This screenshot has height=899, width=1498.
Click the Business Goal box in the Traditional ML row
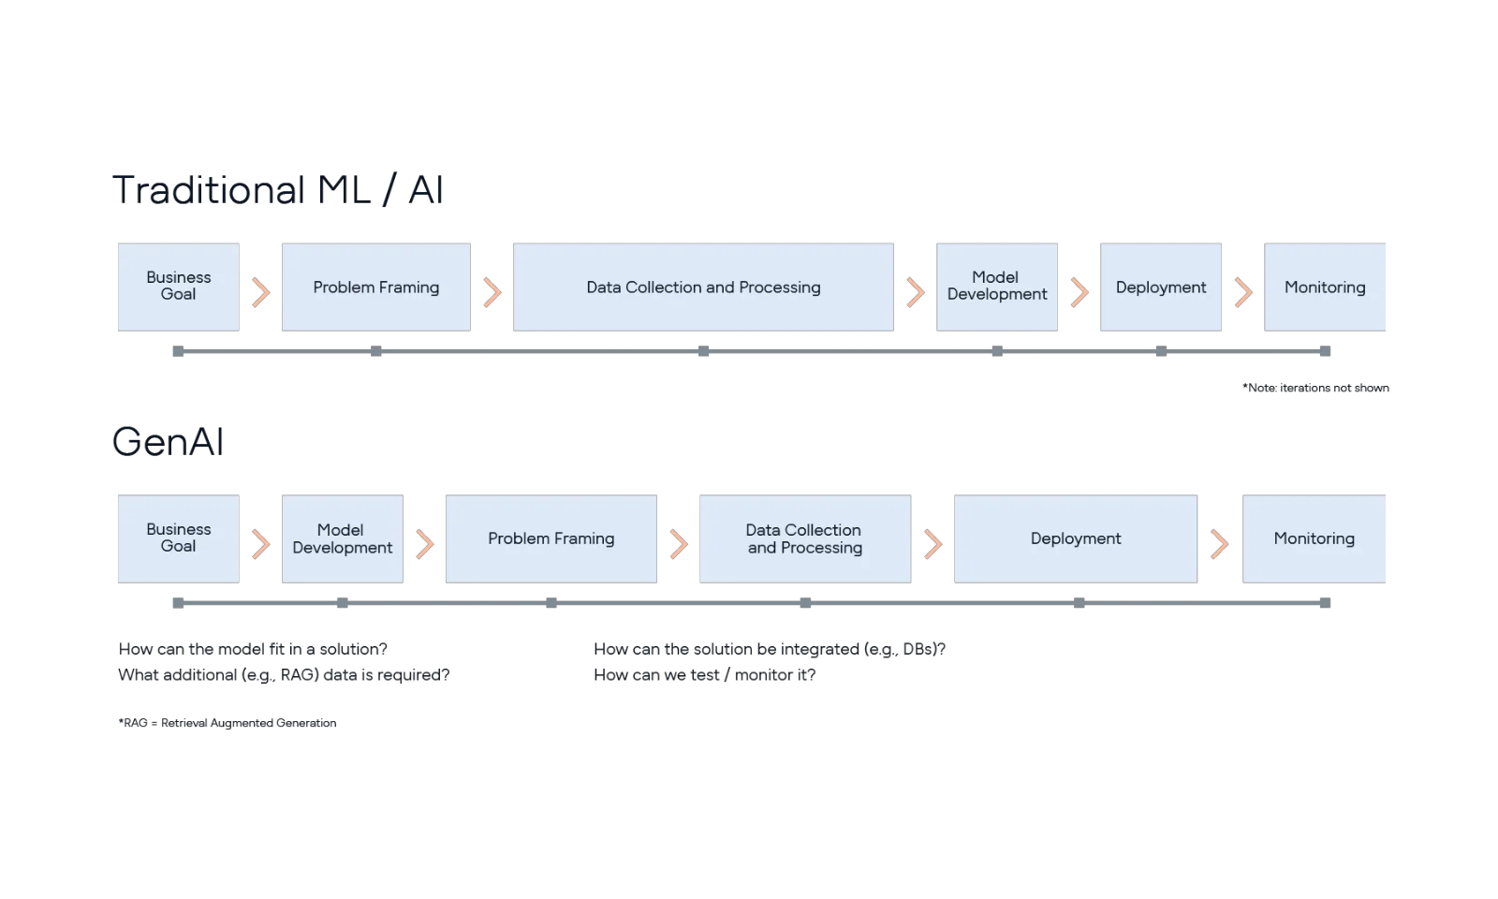pos(176,287)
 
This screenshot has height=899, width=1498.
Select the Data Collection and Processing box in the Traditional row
pos(703,287)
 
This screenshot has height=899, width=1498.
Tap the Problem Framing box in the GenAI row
pos(551,538)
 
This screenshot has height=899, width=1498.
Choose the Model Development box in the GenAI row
pos(342,538)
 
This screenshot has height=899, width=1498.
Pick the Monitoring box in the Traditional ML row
pos(1324,287)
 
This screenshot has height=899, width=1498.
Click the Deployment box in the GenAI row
pos(1075,538)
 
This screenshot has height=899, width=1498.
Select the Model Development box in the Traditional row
pos(998,287)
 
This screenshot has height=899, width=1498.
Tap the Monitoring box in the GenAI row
pos(1314,538)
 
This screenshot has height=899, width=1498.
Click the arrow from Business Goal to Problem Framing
pos(259,292)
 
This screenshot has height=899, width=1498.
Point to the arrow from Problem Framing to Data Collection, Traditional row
pos(491,292)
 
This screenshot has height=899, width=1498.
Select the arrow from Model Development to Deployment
pos(1079,292)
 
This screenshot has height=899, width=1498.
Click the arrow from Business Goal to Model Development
pos(259,544)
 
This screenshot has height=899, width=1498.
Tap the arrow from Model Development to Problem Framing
pos(423,544)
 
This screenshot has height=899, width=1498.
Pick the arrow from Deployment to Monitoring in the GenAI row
pos(1218,544)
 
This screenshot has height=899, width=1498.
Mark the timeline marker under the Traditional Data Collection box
pos(704,351)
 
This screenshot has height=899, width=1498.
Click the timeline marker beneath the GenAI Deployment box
pos(1079,604)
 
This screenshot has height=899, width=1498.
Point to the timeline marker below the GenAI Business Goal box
pos(179,604)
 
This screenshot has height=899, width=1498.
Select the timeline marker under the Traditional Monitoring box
pos(1325,351)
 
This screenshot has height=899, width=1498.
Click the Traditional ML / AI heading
pos(277,191)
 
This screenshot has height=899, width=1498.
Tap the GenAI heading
pos(169,442)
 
